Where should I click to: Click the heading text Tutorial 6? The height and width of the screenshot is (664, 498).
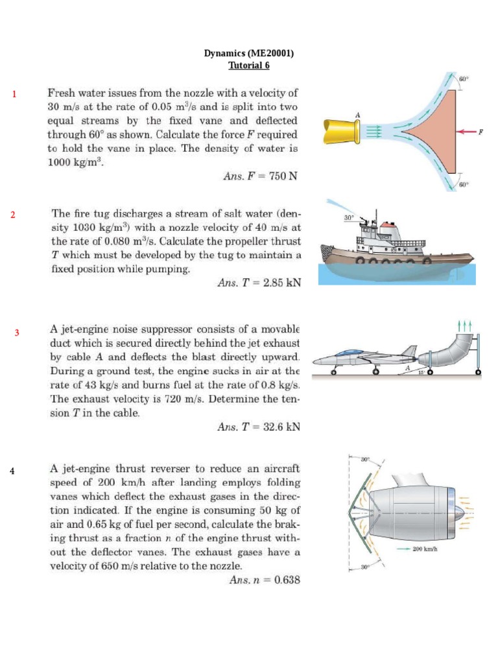(x=248, y=65)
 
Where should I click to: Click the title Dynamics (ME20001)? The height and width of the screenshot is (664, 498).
(x=248, y=54)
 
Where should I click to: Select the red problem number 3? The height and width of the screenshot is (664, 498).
(x=18, y=333)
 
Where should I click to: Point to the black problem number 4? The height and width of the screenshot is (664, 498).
(x=12, y=470)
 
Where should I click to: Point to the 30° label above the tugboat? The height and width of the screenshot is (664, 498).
(x=349, y=219)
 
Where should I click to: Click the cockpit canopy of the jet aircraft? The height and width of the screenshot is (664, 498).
(x=351, y=352)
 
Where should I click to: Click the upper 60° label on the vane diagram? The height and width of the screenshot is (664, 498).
(x=463, y=78)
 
